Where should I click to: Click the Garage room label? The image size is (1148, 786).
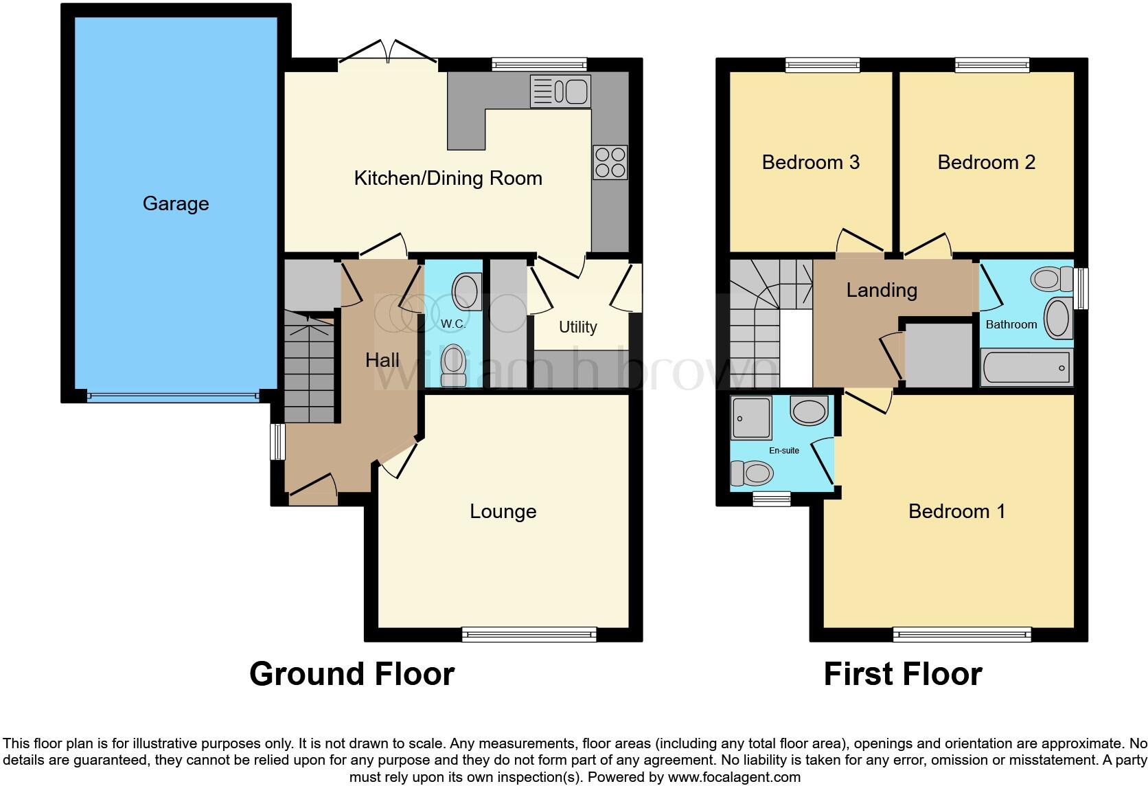(x=176, y=203)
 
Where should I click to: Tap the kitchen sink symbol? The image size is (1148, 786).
(x=560, y=91)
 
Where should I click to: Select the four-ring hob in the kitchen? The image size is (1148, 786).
(x=610, y=163)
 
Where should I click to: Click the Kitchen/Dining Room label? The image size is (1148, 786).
(x=448, y=179)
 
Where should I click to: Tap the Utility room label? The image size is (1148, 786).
(x=577, y=327)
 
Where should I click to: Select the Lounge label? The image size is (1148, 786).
(x=503, y=511)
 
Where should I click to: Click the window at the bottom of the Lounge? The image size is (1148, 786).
(x=529, y=634)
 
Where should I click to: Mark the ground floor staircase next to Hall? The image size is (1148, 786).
(x=309, y=371)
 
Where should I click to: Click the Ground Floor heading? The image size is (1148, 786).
(x=352, y=674)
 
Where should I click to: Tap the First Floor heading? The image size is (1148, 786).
(x=902, y=674)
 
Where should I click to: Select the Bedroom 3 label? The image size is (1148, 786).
(x=810, y=162)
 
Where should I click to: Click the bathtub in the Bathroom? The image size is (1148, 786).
(x=1026, y=368)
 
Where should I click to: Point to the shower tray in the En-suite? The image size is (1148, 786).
(x=751, y=417)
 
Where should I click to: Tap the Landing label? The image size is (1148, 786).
(x=882, y=290)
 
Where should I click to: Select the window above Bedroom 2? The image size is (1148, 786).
(x=992, y=65)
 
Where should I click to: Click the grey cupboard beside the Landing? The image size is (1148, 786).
(x=939, y=355)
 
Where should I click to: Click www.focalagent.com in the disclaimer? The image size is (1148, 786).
(x=734, y=777)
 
